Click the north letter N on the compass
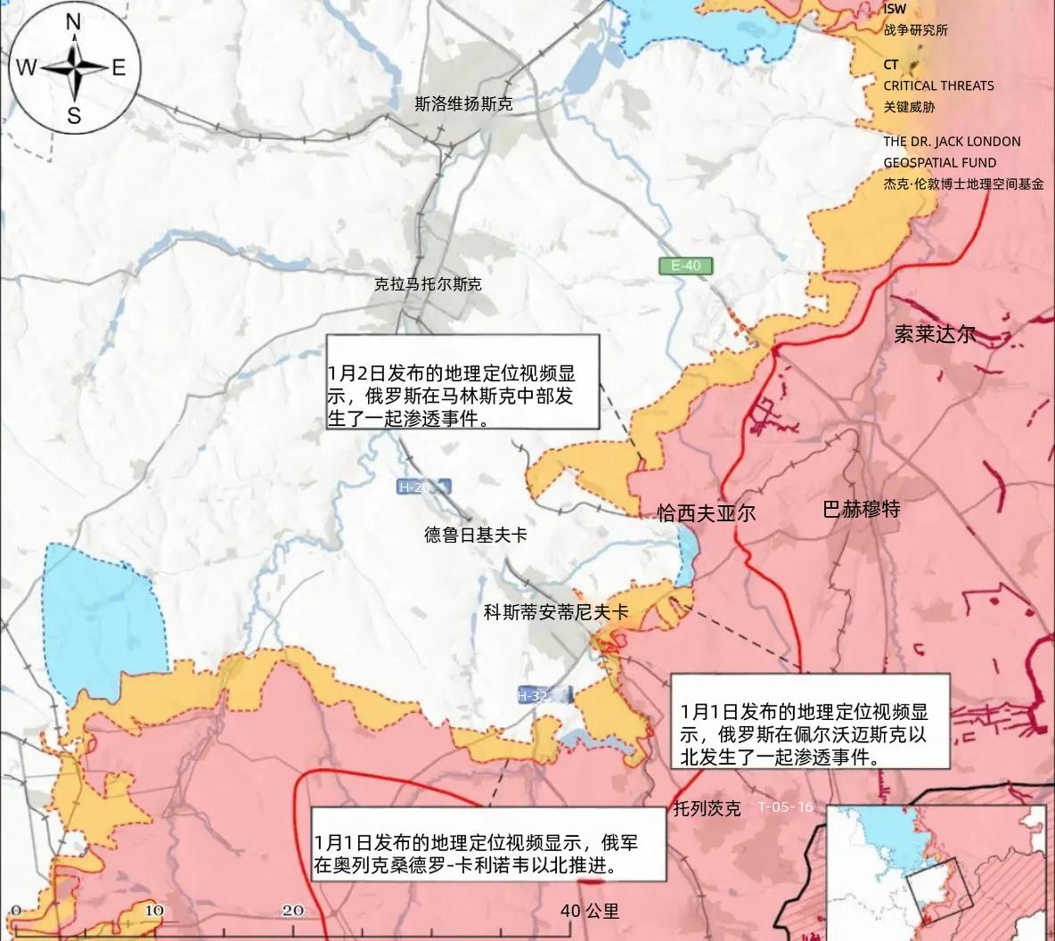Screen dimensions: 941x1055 click(74, 23)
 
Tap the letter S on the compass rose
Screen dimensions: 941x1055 click(74, 115)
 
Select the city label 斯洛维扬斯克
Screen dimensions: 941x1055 click(463, 104)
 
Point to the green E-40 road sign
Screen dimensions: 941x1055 click(686, 265)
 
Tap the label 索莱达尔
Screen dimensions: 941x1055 click(935, 334)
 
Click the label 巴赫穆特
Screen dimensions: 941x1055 click(861, 509)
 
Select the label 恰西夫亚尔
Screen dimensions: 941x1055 click(706, 513)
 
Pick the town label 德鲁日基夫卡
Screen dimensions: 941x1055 click(475, 535)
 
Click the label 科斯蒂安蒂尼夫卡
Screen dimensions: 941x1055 click(555, 612)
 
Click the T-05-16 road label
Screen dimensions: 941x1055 click(785, 807)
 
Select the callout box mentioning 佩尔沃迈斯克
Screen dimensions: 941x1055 click(809, 722)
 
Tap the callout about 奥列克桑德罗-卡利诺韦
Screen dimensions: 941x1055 click(488, 844)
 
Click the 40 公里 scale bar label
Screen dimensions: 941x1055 click(589, 911)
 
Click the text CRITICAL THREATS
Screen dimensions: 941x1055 click(938, 86)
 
